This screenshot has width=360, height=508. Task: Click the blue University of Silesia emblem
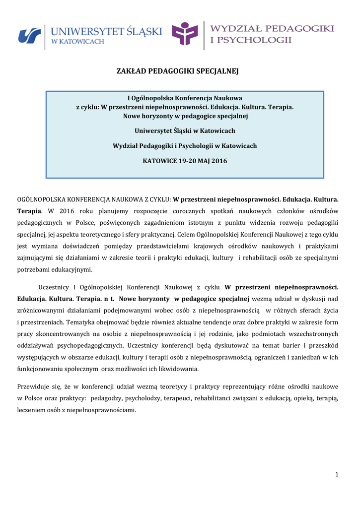29,36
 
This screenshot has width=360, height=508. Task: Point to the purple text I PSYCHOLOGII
251,40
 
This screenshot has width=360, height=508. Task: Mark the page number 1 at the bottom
336,475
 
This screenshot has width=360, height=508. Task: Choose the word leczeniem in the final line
33,410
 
